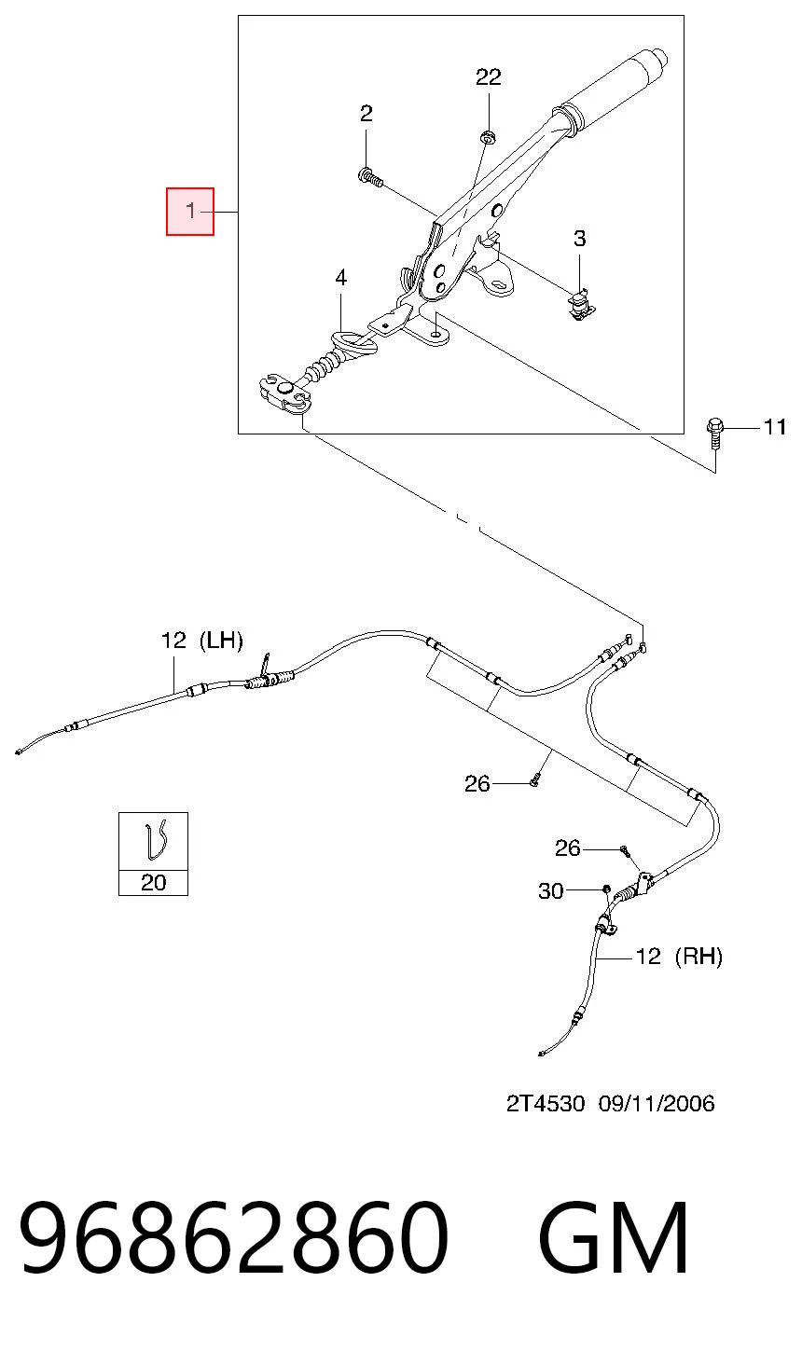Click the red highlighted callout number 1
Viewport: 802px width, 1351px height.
click(x=190, y=211)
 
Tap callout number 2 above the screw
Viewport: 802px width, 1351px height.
click(x=366, y=114)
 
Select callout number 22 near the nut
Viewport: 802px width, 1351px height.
click(x=489, y=76)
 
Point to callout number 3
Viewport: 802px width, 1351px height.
click(x=579, y=239)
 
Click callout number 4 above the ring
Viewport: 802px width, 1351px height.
click(x=341, y=278)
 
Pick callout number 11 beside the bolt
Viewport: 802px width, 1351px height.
click(x=775, y=427)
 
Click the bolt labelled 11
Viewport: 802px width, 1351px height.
click(x=714, y=433)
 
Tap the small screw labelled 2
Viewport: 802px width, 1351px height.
click(x=370, y=178)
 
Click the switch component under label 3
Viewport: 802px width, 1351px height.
click(x=582, y=305)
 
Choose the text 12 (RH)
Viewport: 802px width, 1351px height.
click(x=680, y=956)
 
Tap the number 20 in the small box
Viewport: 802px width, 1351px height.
click(x=153, y=882)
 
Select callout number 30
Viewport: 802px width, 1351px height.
click(x=550, y=890)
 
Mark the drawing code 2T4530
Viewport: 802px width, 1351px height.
click(x=546, y=1103)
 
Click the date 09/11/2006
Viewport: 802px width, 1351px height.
click(x=657, y=1103)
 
